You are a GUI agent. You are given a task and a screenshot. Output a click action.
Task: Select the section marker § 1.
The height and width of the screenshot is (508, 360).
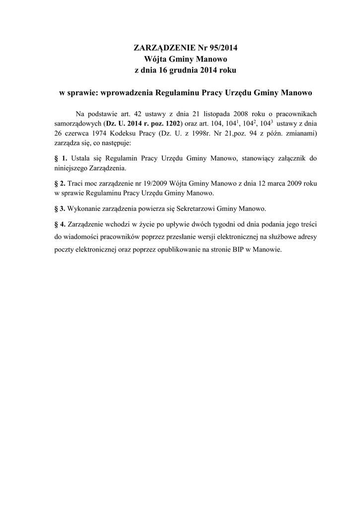pyautogui.click(x=60, y=158)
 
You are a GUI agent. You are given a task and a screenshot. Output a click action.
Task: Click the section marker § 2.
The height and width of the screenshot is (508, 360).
pyautogui.click(x=60, y=183)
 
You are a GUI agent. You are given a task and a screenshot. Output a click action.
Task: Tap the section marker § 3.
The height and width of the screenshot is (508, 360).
pyautogui.click(x=60, y=207)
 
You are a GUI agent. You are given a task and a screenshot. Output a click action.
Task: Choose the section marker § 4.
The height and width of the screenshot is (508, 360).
pyautogui.click(x=60, y=223)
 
